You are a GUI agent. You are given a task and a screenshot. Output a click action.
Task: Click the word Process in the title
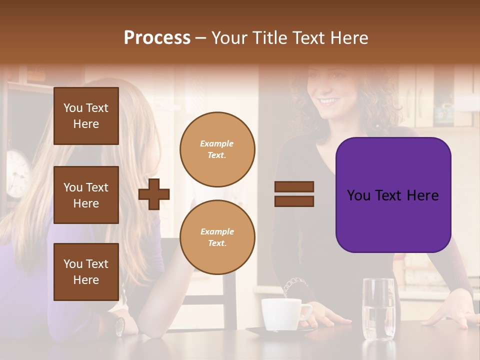157,38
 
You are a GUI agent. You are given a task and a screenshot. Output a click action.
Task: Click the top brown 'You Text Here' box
86,116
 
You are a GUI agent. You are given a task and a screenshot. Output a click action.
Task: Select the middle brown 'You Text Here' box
86,195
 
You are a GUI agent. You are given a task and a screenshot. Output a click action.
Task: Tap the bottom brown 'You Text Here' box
86,271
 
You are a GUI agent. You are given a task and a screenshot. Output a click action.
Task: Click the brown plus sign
154,194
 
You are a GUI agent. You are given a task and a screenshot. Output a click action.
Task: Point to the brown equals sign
294,194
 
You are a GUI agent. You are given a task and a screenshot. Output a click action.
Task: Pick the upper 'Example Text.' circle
217,149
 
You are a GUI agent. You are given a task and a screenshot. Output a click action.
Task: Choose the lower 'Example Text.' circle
217,237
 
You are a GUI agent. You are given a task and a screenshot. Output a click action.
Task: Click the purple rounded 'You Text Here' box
393,195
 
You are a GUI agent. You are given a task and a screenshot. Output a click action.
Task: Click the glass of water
378,309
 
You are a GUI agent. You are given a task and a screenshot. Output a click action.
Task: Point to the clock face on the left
18,172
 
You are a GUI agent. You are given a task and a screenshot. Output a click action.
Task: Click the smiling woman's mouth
329,101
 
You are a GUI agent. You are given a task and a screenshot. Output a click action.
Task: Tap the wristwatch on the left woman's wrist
119,326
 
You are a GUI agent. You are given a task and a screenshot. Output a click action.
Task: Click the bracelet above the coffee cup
294,285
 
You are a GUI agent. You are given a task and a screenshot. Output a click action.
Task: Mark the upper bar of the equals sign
294,187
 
